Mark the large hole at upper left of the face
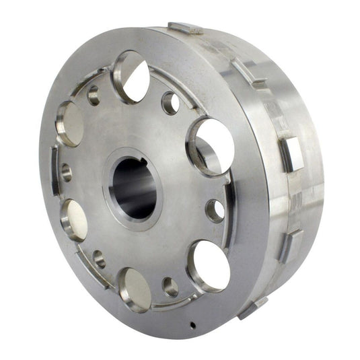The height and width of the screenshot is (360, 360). tap(70, 123)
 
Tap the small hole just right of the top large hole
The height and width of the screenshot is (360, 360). tap(171, 103)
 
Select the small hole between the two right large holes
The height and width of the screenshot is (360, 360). tap(215, 210)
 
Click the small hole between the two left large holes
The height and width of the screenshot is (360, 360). tap(66, 172)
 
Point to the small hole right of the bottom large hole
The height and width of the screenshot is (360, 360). tap(170, 287)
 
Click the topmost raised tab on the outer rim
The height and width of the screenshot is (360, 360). tap(185, 28)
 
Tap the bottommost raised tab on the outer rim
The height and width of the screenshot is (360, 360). tap(252, 308)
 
